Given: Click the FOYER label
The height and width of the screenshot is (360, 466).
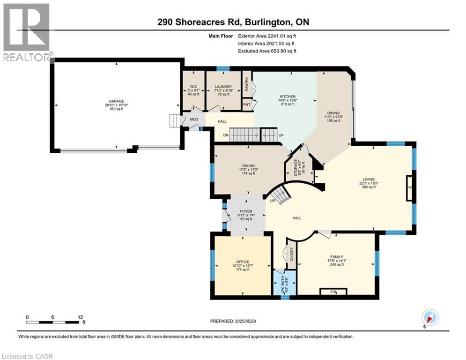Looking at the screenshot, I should [x=246, y=211].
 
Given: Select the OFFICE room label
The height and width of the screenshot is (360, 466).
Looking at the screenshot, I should [x=243, y=262].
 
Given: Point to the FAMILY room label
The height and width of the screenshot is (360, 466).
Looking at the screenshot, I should [x=336, y=257].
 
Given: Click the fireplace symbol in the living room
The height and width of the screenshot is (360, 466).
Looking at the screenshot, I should [x=410, y=188].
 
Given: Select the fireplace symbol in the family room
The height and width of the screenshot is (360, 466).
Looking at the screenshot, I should [x=333, y=292].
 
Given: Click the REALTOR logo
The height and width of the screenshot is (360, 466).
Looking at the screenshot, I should [x=26, y=32].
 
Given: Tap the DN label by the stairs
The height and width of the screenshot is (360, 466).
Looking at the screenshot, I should [x=225, y=135].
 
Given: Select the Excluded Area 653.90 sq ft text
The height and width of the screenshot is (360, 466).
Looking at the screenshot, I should [x=267, y=51].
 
